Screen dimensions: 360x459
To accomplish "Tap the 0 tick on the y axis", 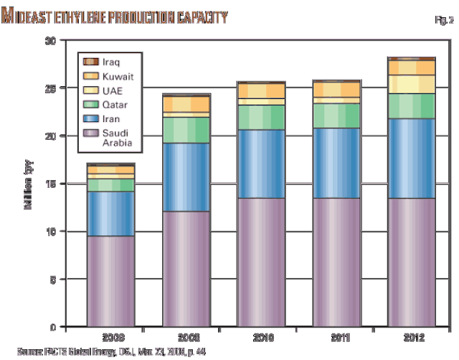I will (x=52, y=327).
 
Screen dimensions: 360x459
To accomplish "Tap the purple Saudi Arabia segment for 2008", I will (x=110, y=281).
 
